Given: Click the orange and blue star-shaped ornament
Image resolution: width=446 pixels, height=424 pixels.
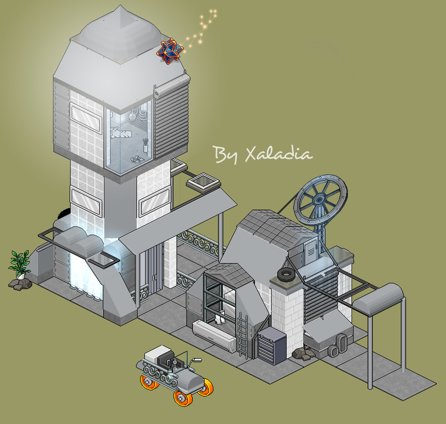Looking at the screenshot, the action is point(170,51).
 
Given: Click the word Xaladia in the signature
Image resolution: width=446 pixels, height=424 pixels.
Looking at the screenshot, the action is point(279,154).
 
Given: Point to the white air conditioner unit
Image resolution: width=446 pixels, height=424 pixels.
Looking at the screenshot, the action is point(214,333).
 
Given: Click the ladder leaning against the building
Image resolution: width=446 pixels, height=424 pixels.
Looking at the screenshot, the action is point(242,334).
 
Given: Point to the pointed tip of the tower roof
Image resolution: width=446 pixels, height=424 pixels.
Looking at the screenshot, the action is point(120,5).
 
